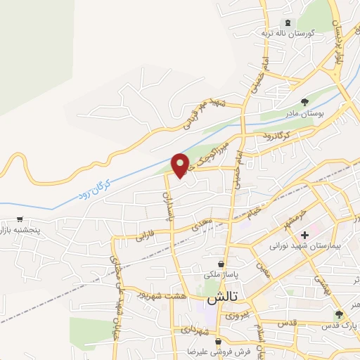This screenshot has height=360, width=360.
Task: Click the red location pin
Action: pos(181,165)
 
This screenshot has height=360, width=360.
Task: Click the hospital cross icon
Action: pos(304,234)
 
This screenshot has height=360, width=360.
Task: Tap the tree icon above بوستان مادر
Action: pos(304,102)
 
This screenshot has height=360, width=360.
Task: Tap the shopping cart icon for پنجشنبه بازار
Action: pos(20,218)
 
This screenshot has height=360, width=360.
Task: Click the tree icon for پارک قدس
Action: pos(339,314)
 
